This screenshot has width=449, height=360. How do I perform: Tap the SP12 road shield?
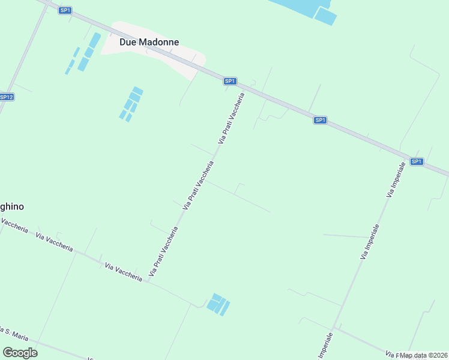coord(6,97)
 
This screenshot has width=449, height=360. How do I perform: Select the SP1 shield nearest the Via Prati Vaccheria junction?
coord(230,81)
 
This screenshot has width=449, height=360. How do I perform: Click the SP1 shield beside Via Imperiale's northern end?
coord(417,161)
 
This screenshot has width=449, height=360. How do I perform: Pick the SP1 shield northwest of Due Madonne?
coord(65,10)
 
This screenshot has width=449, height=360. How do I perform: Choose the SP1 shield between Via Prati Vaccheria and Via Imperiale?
coord(321,120)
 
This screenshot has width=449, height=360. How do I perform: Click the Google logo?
coord(20,353)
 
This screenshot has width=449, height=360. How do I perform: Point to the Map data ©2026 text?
coord(424,355)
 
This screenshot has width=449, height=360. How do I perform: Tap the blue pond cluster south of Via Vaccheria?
coord(218,304)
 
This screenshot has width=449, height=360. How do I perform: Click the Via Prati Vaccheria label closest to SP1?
coord(232,118)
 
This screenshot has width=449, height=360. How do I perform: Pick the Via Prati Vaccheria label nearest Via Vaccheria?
coord(164,251)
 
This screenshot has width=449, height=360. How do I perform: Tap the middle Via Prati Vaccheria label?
coord(198,185)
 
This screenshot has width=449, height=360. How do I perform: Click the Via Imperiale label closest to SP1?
coord(396,179)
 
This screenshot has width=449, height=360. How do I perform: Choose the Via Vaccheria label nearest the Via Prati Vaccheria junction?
coord(123,272)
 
